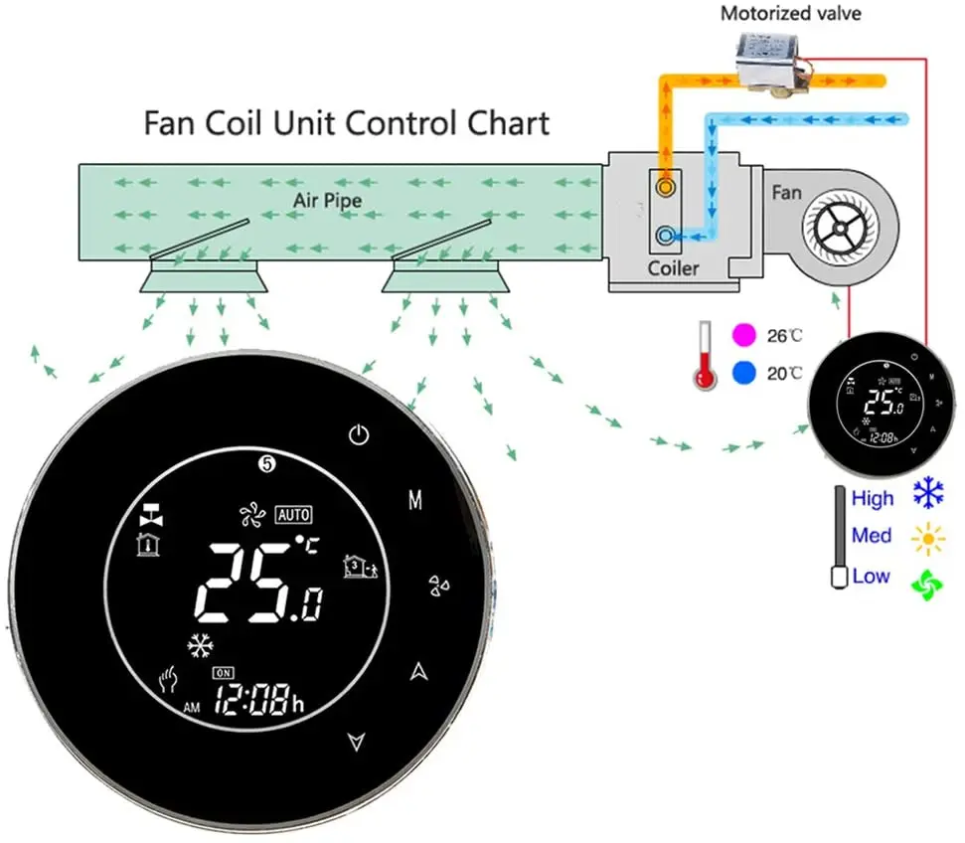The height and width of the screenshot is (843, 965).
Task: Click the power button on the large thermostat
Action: tap(360, 434)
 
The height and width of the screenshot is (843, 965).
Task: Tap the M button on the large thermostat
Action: tap(415, 500)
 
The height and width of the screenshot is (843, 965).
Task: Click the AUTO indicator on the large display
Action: tap(294, 514)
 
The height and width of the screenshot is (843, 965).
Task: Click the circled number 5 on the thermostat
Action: tap(265, 463)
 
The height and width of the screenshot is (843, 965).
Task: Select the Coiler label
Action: tap(674, 268)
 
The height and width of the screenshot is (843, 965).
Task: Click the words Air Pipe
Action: tap(327, 201)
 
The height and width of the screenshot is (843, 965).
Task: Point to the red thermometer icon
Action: tap(706, 354)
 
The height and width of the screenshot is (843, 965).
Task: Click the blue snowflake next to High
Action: tap(929, 496)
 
